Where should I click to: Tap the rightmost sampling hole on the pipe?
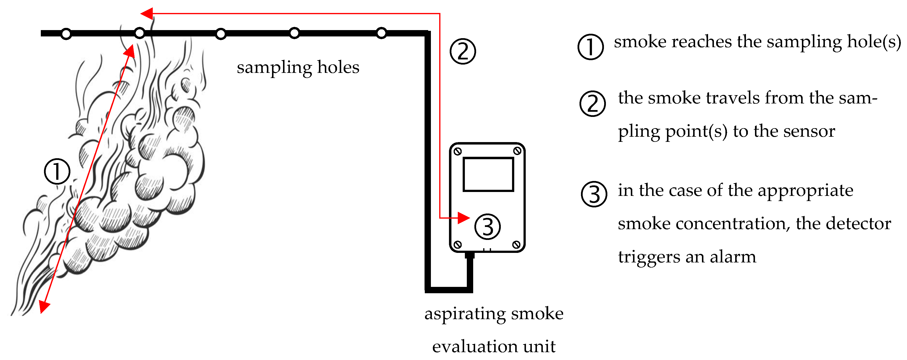click(381, 33)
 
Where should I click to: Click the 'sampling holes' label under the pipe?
click(298, 67)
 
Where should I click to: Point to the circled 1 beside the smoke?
click(57, 171)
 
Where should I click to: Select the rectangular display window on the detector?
click(488, 174)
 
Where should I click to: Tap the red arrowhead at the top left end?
click(146, 14)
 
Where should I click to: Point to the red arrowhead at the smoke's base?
click(44, 306)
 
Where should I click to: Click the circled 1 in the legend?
click(591, 47)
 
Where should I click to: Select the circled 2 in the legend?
click(593, 103)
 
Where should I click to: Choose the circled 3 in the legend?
click(594, 194)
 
